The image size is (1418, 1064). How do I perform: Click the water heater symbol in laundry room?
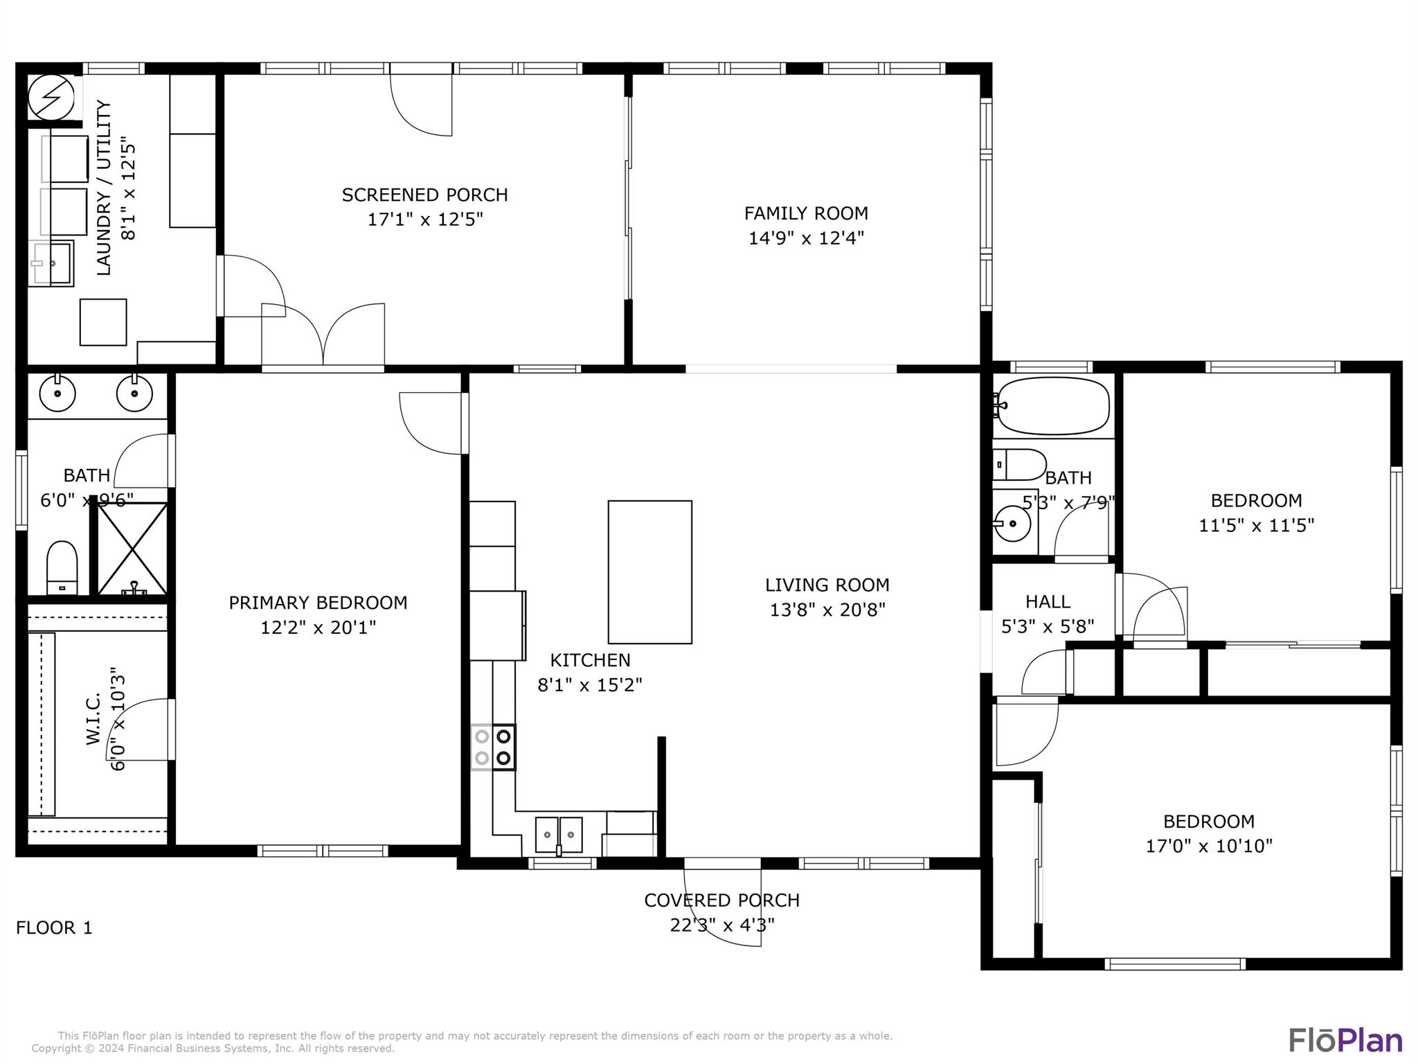(x=51, y=97)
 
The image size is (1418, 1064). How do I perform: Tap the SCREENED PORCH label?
(x=424, y=195)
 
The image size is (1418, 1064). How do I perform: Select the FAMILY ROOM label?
(x=806, y=213)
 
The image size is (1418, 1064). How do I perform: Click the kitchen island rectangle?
(x=649, y=571)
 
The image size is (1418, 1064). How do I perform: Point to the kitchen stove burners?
(x=493, y=747)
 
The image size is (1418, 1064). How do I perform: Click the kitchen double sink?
(x=559, y=835)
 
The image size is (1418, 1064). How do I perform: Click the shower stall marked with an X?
(x=132, y=549)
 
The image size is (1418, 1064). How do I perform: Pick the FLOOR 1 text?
(x=54, y=928)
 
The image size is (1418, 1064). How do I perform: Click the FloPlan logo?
(x=1345, y=1040)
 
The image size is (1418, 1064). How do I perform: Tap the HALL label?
(x=1048, y=601)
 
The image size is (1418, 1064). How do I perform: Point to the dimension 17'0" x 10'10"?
(x=1209, y=846)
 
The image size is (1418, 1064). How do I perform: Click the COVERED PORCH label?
(x=721, y=900)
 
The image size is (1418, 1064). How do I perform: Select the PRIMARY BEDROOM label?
(x=318, y=603)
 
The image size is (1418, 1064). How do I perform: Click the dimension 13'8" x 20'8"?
(x=827, y=610)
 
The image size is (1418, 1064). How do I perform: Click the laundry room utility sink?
(x=51, y=263)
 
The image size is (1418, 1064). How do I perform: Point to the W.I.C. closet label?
(x=93, y=718)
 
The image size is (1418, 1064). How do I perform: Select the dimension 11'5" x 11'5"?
(x=1256, y=525)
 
